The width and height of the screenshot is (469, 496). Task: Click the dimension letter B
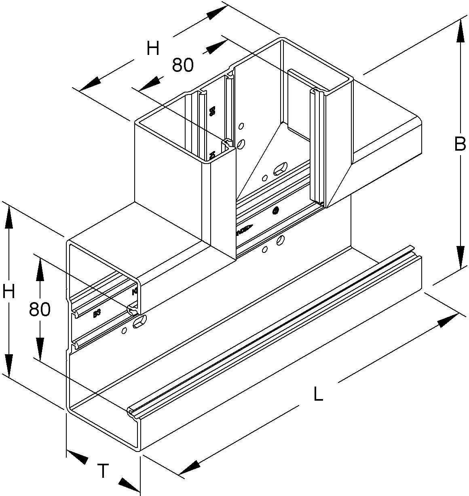pyautogui.click(x=460, y=144)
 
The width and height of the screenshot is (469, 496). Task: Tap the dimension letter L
pyautogui.click(x=319, y=394)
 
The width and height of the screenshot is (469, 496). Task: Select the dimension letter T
pyautogui.click(x=104, y=471)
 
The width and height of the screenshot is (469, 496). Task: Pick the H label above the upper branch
pyautogui.click(x=153, y=49)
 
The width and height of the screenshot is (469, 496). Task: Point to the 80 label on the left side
pyautogui.click(x=40, y=309)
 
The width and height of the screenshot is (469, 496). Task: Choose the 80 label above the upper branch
pyautogui.click(x=183, y=65)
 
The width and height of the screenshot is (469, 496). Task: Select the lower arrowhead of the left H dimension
pyautogui.click(x=8, y=366)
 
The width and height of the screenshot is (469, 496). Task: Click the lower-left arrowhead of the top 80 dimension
pyautogui.click(x=148, y=83)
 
